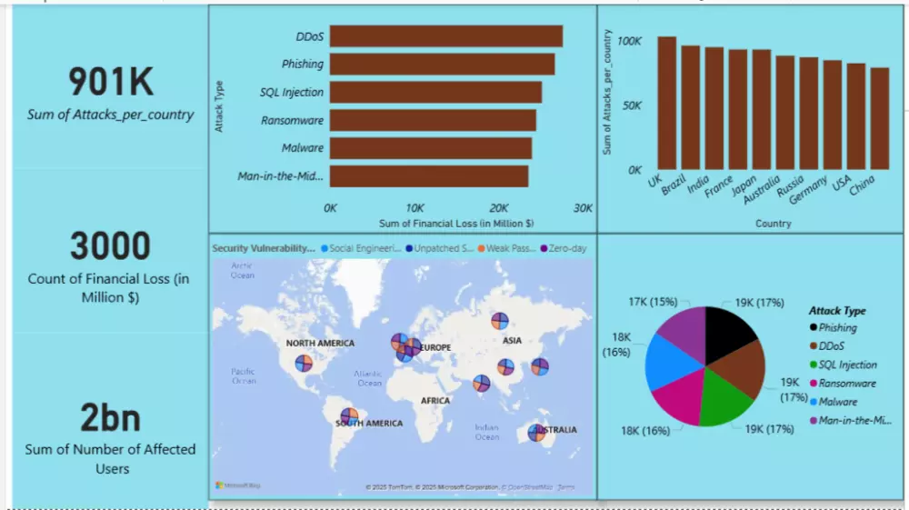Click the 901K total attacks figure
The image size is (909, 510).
click(111, 83)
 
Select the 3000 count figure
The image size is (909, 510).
click(111, 246)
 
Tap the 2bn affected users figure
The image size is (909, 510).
click(111, 417)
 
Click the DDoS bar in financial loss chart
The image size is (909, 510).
click(445, 36)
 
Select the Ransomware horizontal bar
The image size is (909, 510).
click(433, 120)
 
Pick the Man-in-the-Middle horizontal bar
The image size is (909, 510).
click(428, 175)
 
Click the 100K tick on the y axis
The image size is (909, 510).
click(629, 42)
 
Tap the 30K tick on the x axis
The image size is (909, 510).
click(582, 208)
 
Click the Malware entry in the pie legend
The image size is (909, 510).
click(837, 401)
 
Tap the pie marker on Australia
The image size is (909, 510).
click(538, 434)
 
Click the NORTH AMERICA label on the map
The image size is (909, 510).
click(320, 344)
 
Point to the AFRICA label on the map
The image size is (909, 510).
click(435, 400)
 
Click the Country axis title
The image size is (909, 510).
click(773, 223)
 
